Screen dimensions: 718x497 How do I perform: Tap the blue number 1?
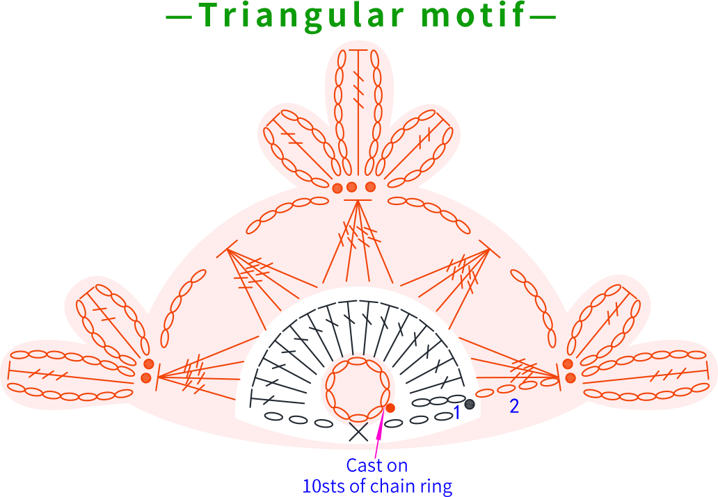coord(456,412)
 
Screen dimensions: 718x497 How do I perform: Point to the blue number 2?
coord(514,406)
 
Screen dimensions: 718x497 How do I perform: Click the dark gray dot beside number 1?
coord(470,404)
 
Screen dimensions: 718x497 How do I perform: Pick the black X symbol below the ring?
coord(358,432)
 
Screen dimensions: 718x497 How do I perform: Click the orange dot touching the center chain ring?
coord(390,408)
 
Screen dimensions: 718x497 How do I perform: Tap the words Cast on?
coord(377,466)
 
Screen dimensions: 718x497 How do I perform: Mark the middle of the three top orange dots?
coord(351,187)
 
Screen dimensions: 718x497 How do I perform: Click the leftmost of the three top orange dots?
coord(337,188)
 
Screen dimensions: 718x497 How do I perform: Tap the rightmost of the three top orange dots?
coord(370,187)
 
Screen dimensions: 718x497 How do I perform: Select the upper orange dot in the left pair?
coord(148,364)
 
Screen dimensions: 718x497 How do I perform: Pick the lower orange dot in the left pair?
coord(146,377)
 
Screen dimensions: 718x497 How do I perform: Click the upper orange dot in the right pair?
coord(568,364)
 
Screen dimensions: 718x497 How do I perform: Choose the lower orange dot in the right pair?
coord(571,378)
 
